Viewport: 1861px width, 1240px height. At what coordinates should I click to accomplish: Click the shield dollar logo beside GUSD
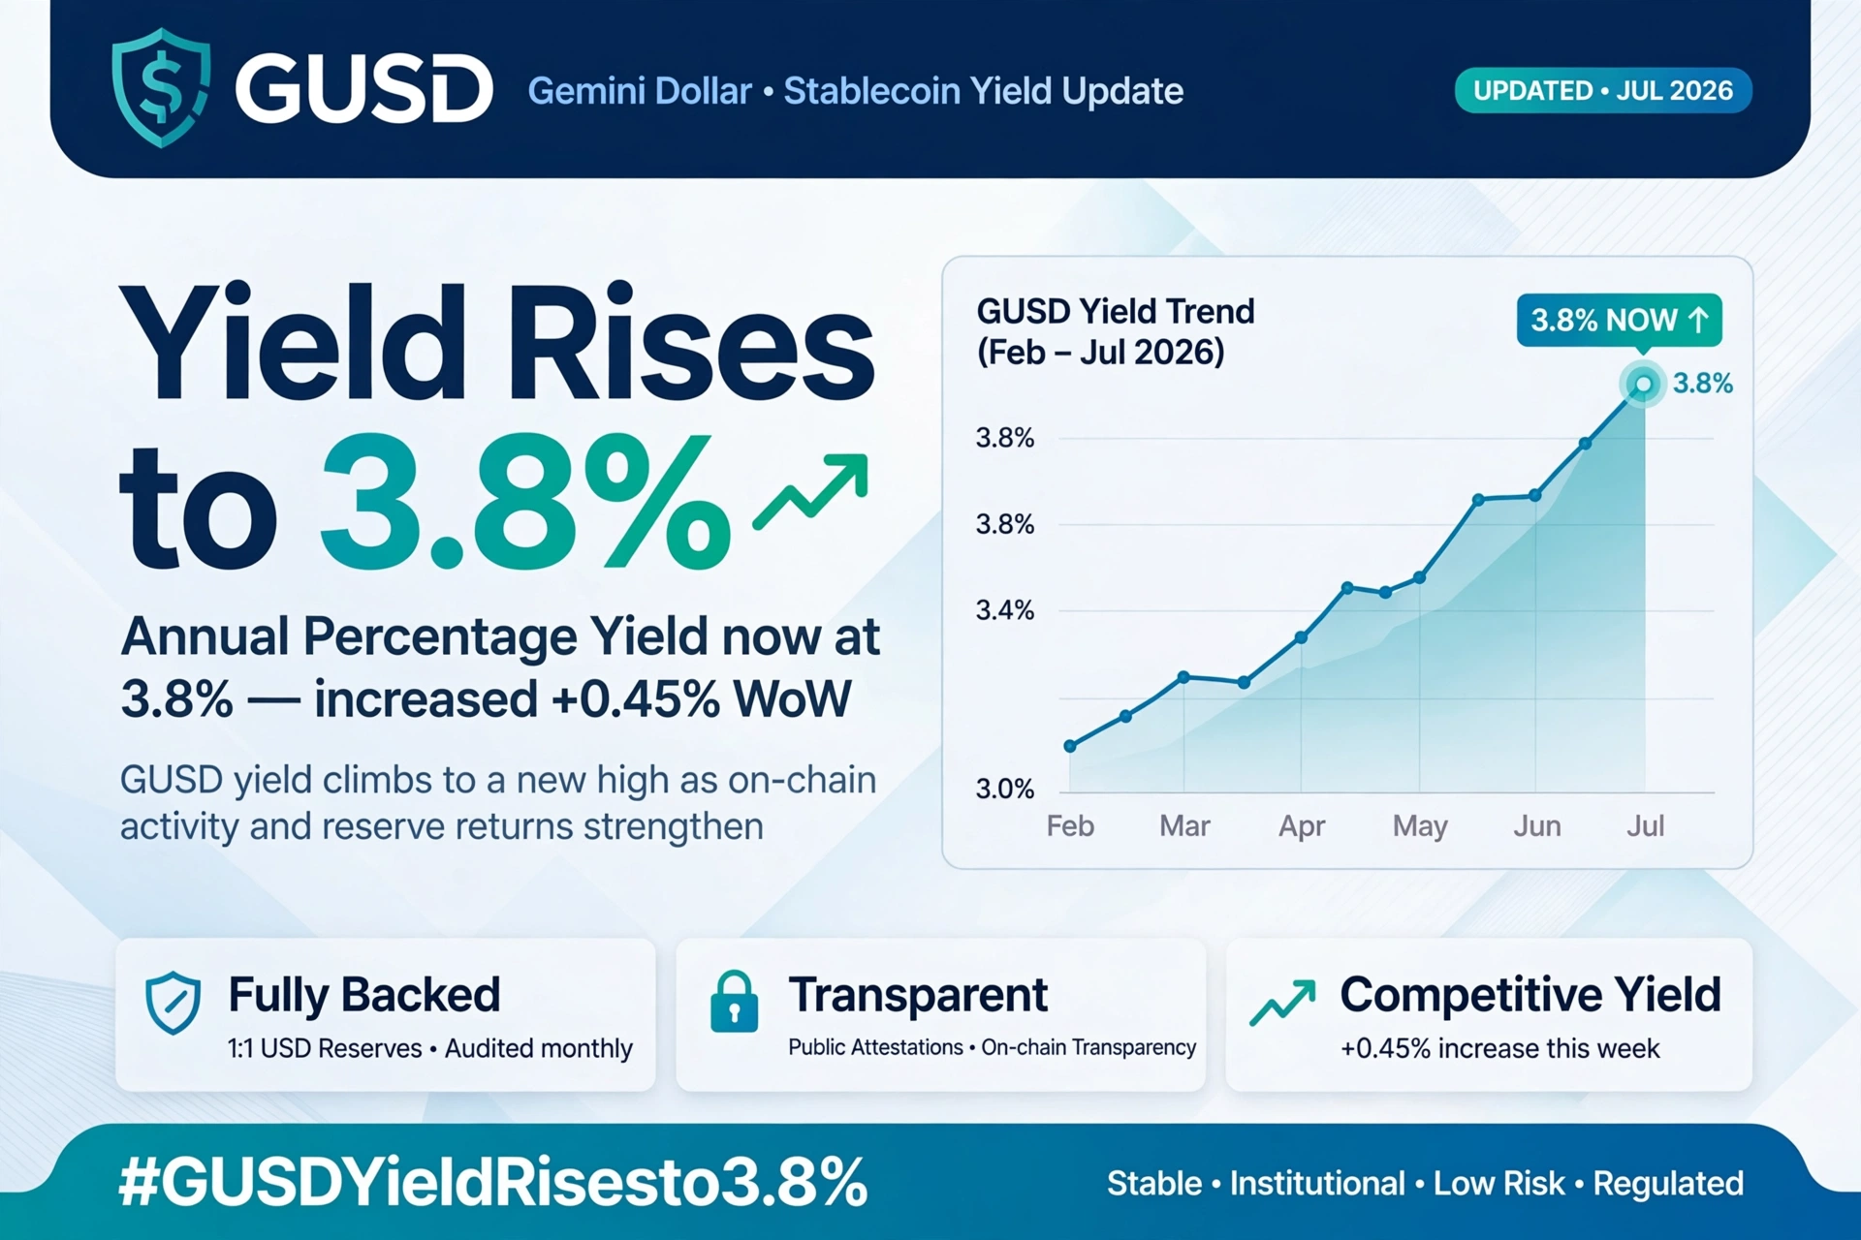tap(161, 87)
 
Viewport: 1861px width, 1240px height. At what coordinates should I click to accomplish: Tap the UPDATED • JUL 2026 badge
tap(1603, 91)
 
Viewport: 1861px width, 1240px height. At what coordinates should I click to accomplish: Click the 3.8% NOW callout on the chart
tap(1619, 321)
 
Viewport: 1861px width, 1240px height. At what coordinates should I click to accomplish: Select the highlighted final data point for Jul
tap(1644, 385)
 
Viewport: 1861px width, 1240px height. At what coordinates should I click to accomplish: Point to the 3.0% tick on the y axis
tap(1005, 789)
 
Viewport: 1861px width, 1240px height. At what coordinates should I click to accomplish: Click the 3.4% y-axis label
tap(1005, 610)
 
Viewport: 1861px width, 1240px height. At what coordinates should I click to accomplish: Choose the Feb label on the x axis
tap(1070, 826)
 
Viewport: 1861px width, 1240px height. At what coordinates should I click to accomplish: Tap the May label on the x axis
tap(1420, 827)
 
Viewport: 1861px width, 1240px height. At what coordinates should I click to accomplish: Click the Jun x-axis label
tap(1537, 826)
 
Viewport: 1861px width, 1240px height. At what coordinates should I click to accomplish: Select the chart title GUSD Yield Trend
tap(1116, 312)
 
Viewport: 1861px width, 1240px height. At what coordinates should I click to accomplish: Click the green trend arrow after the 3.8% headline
tap(810, 492)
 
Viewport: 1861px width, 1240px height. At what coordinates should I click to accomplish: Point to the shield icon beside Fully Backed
tap(173, 1003)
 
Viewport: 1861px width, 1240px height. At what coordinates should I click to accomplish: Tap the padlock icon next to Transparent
tap(734, 1002)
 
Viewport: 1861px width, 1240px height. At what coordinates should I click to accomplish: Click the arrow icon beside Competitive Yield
tap(1282, 1003)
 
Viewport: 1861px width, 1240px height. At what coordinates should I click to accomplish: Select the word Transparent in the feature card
tap(918, 995)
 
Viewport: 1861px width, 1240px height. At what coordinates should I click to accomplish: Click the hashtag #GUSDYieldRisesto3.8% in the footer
tap(492, 1182)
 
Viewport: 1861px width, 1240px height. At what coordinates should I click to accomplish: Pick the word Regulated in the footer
tap(1668, 1184)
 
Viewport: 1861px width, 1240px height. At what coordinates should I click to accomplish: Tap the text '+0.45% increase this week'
tap(1499, 1048)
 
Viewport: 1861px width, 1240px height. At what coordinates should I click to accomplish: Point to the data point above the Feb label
tap(1070, 746)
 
